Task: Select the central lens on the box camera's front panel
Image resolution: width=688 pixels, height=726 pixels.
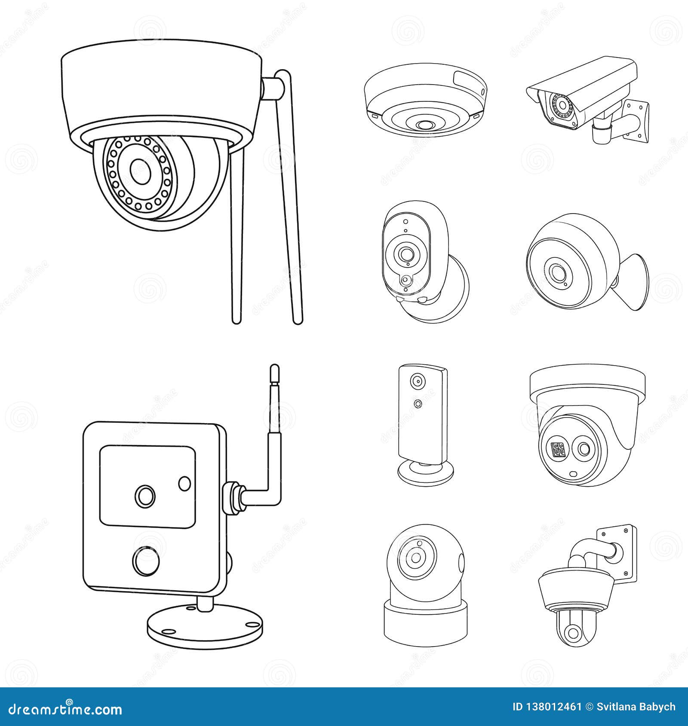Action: pos(145,496)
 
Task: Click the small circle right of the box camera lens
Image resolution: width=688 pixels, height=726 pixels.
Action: pos(184,483)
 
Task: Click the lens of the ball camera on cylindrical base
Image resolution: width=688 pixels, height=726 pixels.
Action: pos(416,558)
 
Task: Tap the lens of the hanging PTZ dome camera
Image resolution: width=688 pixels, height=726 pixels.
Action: pos(572,633)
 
